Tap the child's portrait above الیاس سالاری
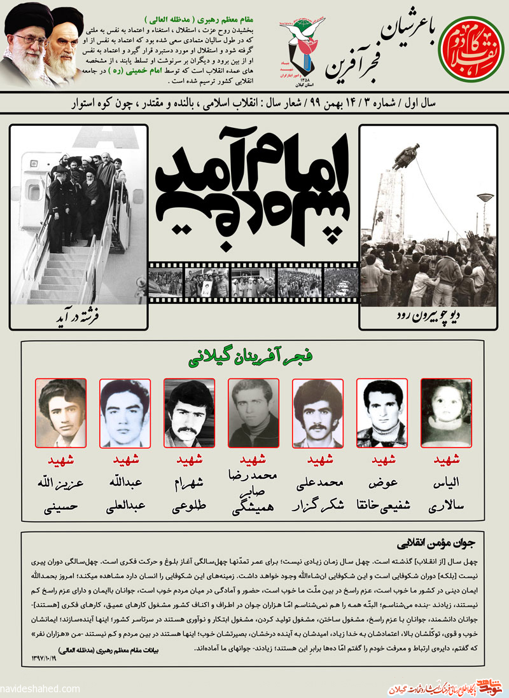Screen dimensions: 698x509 click(x=446, y=413)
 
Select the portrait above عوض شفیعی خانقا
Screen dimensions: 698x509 click(x=382, y=413)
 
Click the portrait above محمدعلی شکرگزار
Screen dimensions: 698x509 click(x=317, y=413)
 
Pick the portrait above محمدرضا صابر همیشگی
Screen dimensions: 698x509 click(x=253, y=413)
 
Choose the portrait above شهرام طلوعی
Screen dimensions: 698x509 click(x=189, y=413)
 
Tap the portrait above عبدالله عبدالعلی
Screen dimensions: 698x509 click(x=125, y=413)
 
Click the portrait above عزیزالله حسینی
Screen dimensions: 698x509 click(x=60, y=413)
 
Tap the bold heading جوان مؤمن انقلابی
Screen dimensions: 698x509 click(x=440, y=544)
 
